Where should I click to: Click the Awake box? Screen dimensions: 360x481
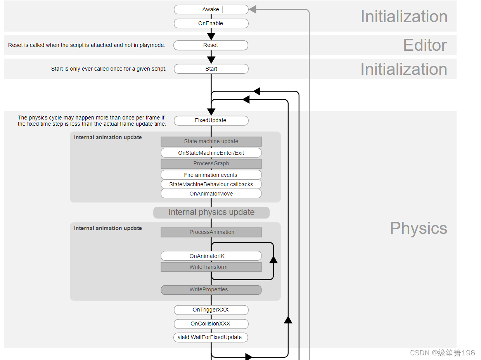[x=211, y=9]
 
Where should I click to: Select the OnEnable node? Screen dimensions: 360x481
[x=211, y=23]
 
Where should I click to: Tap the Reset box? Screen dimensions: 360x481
[x=211, y=45]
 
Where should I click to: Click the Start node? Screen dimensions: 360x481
[x=211, y=69]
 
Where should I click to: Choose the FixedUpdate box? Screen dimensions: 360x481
[x=211, y=120]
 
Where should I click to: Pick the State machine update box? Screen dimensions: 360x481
[x=211, y=141]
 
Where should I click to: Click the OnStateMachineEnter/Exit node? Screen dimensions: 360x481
[x=211, y=153]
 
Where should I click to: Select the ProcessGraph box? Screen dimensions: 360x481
[x=211, y=163]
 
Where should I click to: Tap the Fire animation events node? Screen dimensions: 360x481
[x=211, y=175]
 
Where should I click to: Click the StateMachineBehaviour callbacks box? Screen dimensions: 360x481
[x=211, y=184]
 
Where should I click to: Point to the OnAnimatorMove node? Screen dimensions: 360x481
[x=211, y=194]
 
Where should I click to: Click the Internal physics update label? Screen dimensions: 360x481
[x=211, y=212]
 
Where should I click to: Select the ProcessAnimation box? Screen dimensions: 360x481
[x=211, y=232]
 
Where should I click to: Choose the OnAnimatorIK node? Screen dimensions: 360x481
[x=211, y=256]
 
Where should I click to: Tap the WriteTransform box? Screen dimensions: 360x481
[x=211, y=267]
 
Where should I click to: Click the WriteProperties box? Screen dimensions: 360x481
[x=211, y=289]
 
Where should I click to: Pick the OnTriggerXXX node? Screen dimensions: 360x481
[x=211, y=310]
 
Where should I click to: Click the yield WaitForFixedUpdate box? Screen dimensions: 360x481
[x=211, y=337]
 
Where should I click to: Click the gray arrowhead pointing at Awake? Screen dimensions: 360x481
[x=253, y=9]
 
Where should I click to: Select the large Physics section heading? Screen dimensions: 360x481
[x=418, y=228]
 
